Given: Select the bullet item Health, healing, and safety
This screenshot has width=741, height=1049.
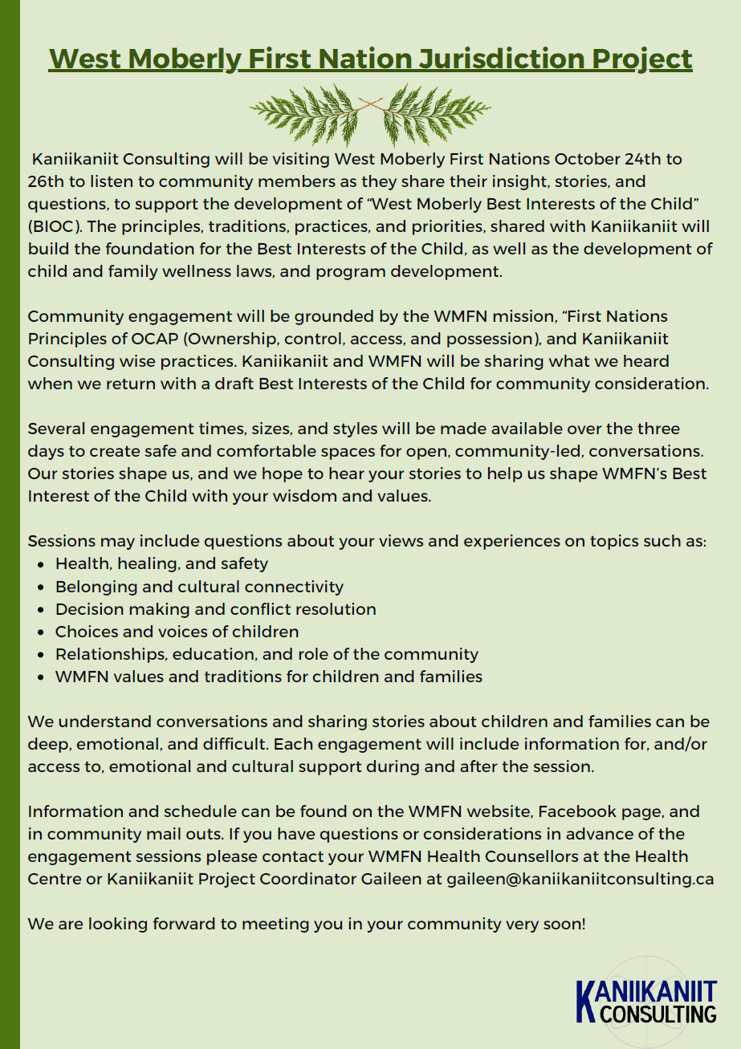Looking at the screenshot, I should coord(161,563).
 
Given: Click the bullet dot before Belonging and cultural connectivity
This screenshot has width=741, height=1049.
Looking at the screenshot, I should coord(41,588).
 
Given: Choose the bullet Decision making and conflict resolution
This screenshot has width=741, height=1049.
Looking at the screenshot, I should coord(215,609).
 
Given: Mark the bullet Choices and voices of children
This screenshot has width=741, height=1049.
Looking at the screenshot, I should coord(177,632).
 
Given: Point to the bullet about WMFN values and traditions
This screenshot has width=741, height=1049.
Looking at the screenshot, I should coord(268,677).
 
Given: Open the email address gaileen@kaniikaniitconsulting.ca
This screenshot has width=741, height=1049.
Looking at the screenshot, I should coord(580,878).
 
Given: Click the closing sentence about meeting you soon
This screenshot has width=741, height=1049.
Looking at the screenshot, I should coord(307,923).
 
